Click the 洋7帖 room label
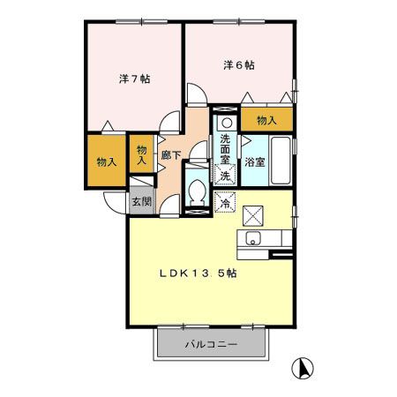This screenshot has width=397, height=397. click(135, 78)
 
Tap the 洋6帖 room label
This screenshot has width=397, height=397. click(238, 65)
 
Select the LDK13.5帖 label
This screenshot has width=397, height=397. click(197, 273)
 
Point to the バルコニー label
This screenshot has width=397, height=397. click(210, 344)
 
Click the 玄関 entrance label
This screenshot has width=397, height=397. click(141, 201)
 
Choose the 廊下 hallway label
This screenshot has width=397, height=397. click(171, 156)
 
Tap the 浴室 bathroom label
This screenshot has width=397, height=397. click(255, 161)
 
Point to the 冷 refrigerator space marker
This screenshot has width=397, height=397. click(225, 203)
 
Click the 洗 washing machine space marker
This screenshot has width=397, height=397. click(225, 175)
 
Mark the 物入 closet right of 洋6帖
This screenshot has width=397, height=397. click(266, 119)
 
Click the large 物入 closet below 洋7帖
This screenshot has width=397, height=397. click(106, 161)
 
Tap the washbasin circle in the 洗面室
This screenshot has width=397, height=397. click(225, 123)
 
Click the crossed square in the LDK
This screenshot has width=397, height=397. click(253, 213)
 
